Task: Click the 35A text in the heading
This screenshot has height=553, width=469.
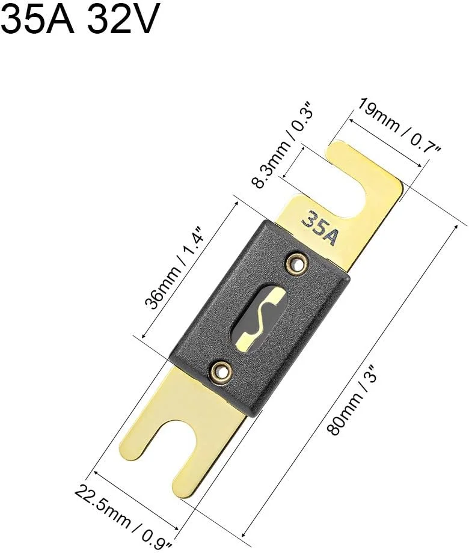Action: (38, 19)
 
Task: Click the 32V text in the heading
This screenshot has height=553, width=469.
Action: (121, 19)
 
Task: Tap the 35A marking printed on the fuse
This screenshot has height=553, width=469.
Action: (320, 228)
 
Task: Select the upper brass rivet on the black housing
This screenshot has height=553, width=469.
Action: (296, 263)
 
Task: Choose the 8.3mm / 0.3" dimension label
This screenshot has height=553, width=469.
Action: (282, 145)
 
